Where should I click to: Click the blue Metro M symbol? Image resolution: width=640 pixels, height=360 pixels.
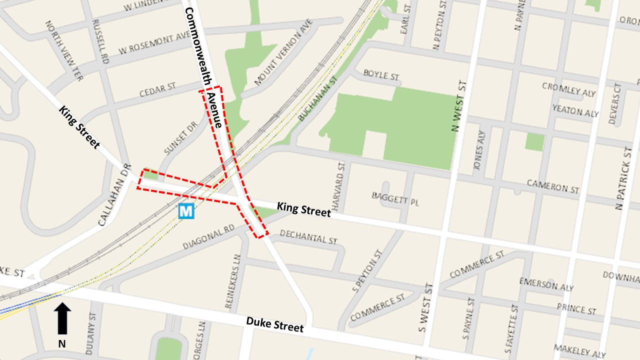tap(186, 211)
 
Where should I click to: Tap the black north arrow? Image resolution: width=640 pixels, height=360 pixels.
tap(62, 318)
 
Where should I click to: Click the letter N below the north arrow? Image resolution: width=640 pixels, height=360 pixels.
tap(62, 343)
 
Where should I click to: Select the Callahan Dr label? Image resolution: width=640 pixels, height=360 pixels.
tap(114, 195)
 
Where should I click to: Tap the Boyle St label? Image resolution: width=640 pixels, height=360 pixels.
tap(381, 75)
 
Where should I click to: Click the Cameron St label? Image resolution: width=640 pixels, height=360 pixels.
tap(553, 187)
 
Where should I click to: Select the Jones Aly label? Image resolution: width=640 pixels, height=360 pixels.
tap(481, 150)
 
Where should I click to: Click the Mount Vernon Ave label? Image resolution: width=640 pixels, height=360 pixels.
tap(283, 52)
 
